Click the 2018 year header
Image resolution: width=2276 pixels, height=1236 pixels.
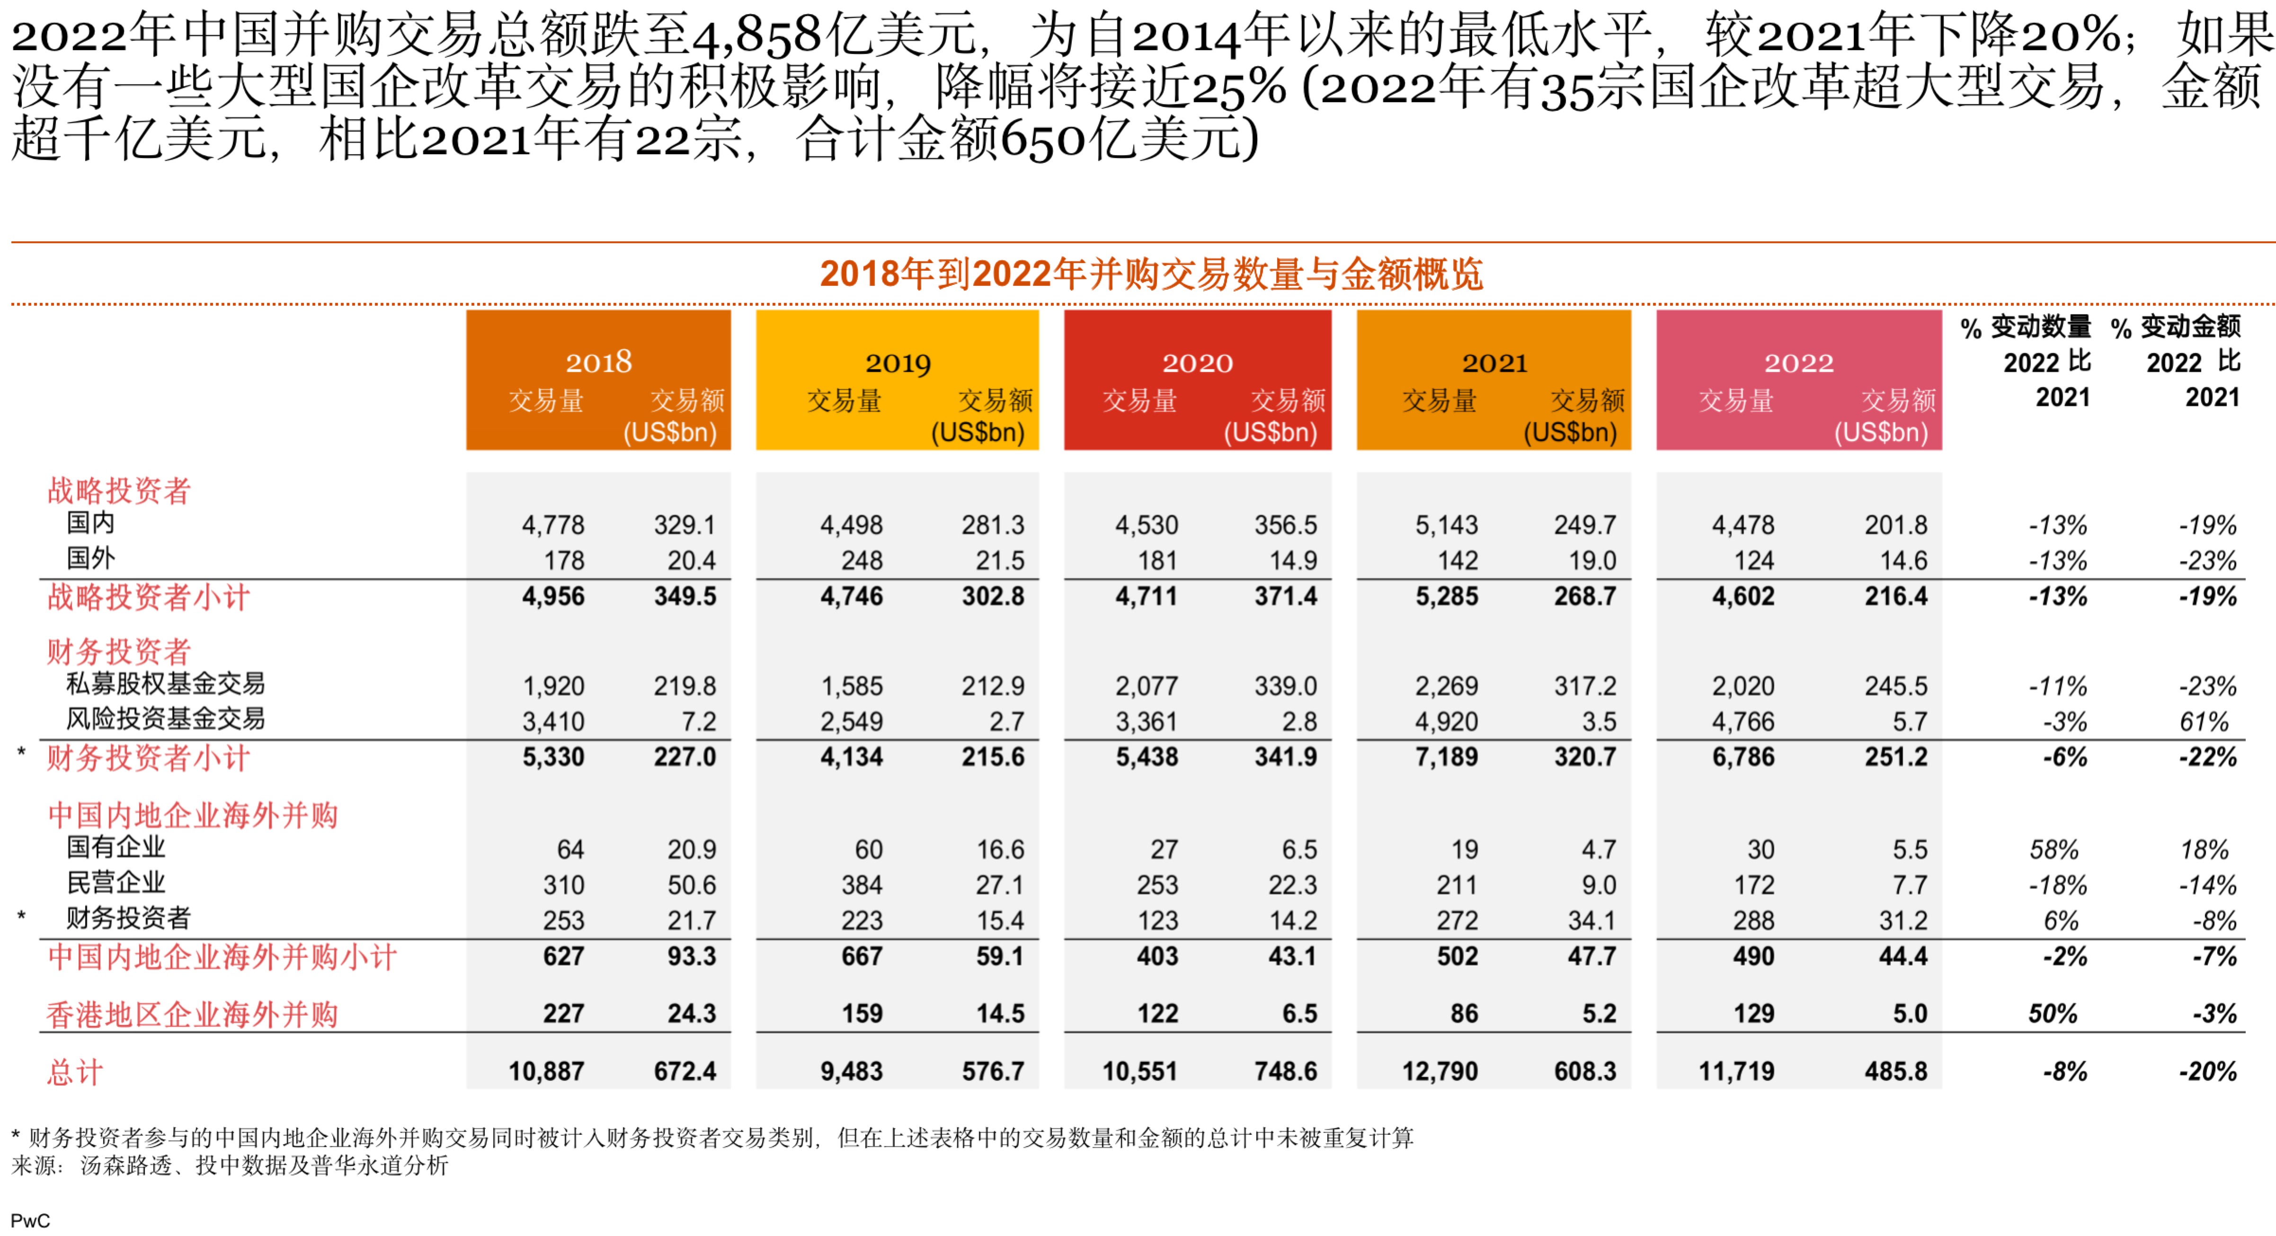point(598,362)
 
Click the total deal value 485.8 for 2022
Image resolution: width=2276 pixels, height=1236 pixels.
point(1895,1072)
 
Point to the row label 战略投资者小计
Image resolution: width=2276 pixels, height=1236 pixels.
point(149,597)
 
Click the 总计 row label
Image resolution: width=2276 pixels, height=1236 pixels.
point(75,1073)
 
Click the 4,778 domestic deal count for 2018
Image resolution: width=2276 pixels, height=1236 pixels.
point(553,526)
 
